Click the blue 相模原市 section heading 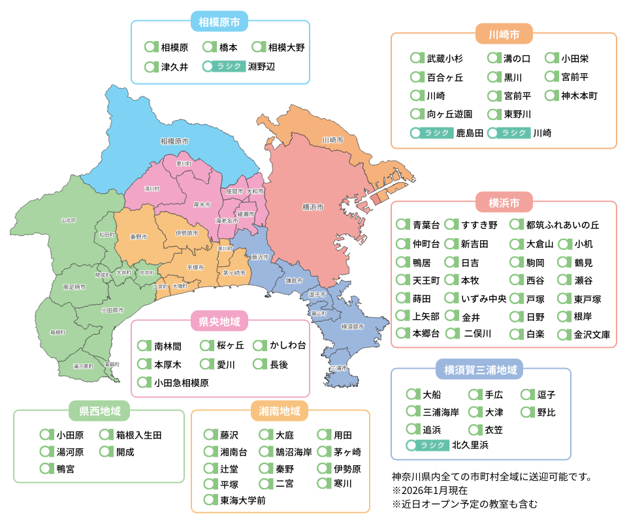click(219, 22)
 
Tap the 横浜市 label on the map click(313, 207)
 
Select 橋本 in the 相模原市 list click(228, 48)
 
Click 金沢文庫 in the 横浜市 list click(592, 335)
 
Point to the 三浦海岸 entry click(441, 412)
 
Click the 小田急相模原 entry click(182, 382)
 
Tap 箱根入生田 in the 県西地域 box click(138, 435)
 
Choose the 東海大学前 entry click(242, 501)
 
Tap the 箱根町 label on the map click(58, 332)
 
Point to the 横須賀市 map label click(353, 326)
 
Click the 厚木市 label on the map click(202, 204)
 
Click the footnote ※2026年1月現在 click(430, 490)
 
